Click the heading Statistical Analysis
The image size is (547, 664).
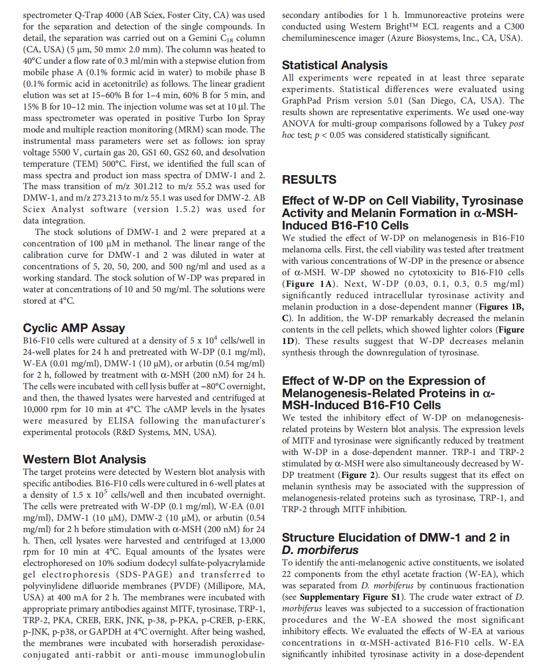click(334, 65)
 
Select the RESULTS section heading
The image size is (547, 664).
click(309, 180)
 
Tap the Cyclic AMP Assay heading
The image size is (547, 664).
click(74, 328)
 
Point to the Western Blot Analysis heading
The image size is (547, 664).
click(84, 459)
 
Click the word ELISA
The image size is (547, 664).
click(121, 421)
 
